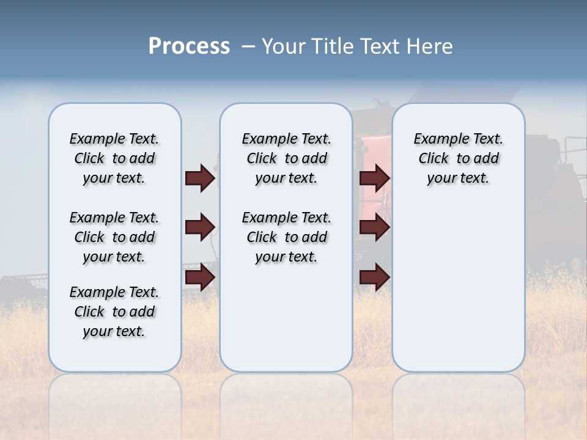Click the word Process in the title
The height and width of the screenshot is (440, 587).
pos(189,46)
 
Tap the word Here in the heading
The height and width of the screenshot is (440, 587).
pos(430,46)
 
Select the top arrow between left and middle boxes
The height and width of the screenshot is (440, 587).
pos(200,178)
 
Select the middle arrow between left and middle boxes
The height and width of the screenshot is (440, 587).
pos(200,227)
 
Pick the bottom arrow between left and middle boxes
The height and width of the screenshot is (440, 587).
pos(200,277)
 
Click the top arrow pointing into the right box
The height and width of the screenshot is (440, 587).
pos(374,178)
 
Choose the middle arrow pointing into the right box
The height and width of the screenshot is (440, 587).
pos(374,227)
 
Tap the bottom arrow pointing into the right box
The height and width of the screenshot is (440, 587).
pos(374,277)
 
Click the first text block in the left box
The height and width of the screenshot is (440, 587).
pos(114,158)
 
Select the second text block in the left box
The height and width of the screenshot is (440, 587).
pos(114,237)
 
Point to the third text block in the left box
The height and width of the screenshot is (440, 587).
pos(114,312)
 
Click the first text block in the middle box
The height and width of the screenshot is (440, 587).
pos(286,158)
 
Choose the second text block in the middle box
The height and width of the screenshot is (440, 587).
pos(286,237)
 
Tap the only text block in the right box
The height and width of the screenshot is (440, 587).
pos(458,158)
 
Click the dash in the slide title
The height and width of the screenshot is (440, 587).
pos(248,46)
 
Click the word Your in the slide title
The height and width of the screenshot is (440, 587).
pos(283,46)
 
